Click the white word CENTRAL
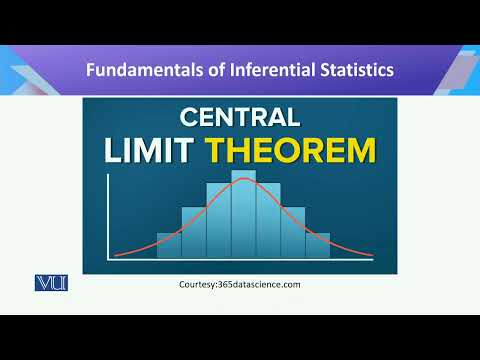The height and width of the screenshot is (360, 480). point(240,118)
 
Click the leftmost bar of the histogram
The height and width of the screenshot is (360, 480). point(169,245)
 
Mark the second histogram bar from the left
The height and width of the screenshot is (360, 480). point(194,232)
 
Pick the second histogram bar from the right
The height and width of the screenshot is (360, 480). point(292,232)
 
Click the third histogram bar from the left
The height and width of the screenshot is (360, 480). point(218,220)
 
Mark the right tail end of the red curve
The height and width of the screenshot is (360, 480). point(371,256)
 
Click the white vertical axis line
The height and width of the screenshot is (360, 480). point(106,218)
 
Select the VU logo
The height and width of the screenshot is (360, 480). point(49,283)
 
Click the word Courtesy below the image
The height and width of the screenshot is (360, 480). point(200,285)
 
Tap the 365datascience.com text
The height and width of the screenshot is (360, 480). point(262,285)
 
